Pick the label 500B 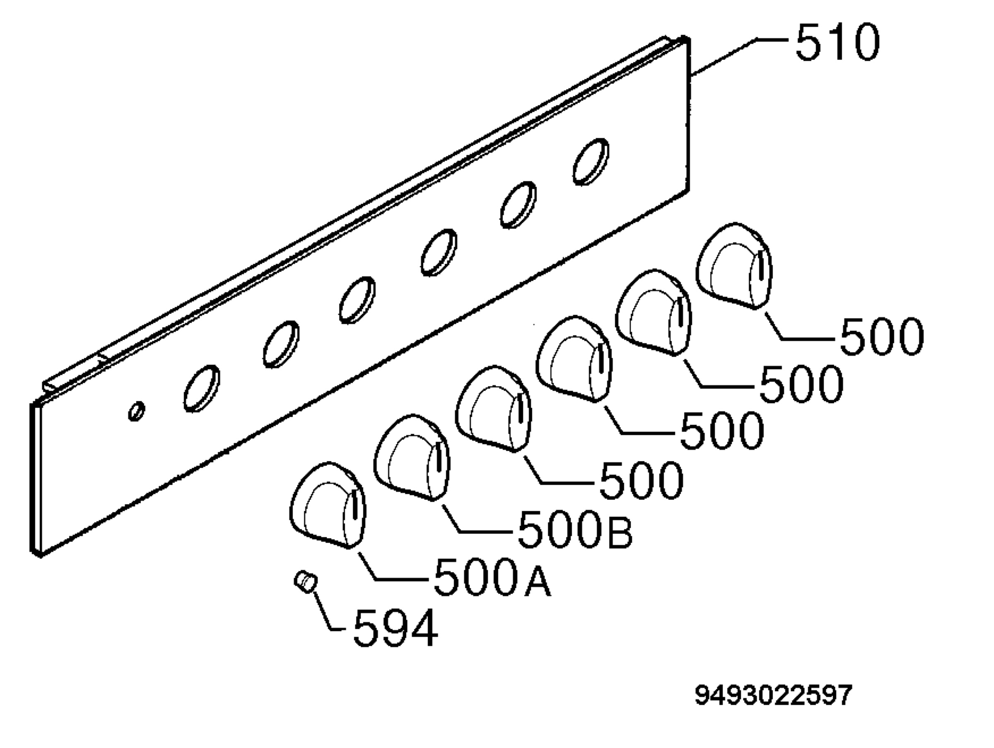(575, 529)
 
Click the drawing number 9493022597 (773, 695)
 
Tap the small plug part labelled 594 (306, 582)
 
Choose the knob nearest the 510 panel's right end (734, 266)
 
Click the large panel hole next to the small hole (202, 388)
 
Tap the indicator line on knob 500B (439, 457)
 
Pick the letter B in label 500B (619, 534)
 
